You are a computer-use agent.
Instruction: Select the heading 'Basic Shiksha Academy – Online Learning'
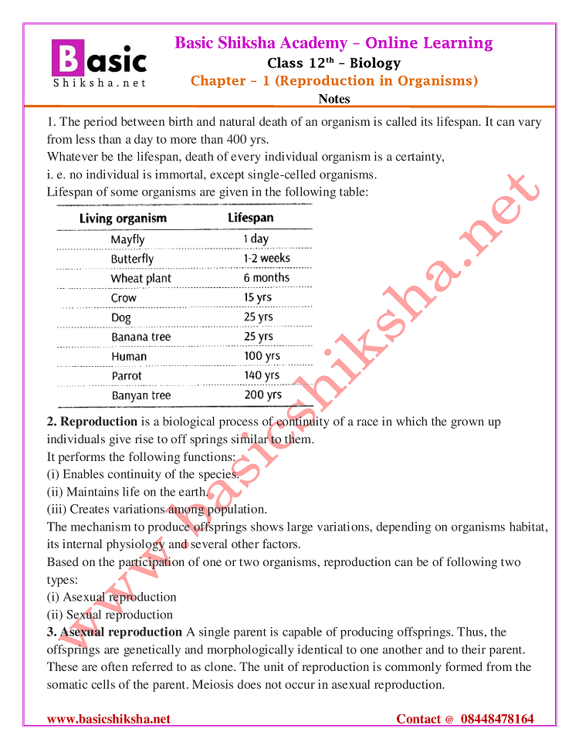334,42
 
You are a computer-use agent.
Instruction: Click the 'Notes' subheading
334,99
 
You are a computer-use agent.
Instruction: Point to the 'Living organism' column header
123,219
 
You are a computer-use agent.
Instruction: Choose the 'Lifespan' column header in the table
250,218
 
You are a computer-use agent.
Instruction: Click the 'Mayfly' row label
127,239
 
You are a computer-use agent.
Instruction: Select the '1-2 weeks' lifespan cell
266,259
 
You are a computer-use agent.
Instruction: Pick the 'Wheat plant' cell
141,278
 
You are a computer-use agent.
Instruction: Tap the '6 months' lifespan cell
266,278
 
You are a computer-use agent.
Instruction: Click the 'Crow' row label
124,298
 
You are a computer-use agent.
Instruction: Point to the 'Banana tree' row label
141,337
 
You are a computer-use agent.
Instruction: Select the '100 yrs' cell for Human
262,357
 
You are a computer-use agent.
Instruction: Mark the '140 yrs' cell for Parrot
262,376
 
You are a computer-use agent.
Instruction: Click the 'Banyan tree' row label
141,396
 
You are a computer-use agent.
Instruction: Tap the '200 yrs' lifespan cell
262,395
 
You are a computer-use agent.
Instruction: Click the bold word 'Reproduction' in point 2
99,422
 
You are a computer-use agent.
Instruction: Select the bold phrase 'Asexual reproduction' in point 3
121,632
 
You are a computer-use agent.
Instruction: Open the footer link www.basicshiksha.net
109,719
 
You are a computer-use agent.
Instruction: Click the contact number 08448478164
497,719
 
